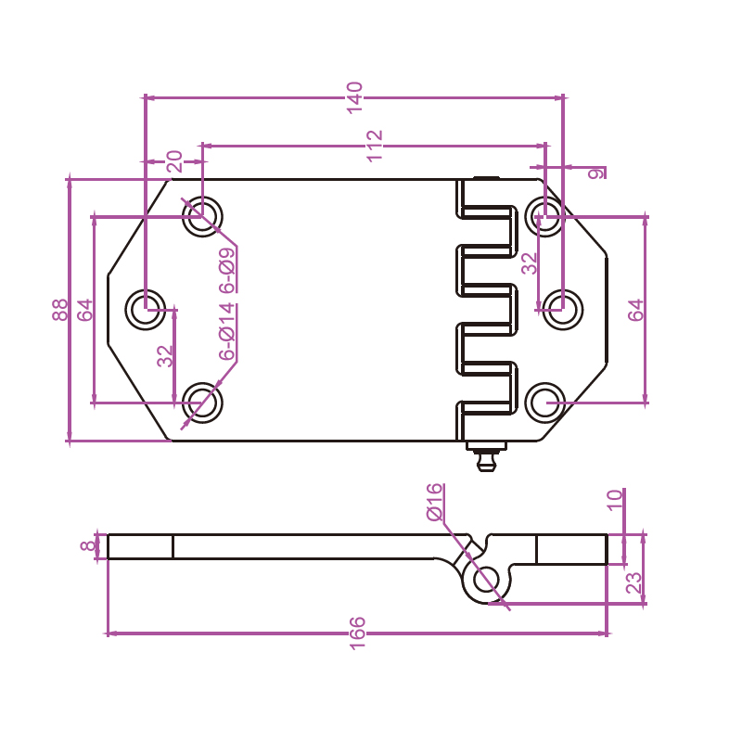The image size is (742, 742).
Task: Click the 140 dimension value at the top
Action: pos(354,97)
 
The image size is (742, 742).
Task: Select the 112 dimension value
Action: pos(375,146)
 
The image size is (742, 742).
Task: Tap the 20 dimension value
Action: pos(174,162)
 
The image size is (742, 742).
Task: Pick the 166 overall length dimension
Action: pos(358,633)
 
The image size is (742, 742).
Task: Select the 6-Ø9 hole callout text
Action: pos(227,271)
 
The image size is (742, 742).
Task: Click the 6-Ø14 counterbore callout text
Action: pos(227,331)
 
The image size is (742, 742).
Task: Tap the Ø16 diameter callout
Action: pos(435,502)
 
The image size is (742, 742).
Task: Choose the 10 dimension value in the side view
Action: pos(615,501)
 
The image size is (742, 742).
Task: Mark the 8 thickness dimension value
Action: pos(88,546)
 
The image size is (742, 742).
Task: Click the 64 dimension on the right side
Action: pos(636,310)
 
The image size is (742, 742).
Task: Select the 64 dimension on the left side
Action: pos(86,310)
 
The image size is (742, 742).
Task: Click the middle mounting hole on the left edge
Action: pos(146,310)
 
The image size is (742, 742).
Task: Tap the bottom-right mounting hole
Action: pos(544,403)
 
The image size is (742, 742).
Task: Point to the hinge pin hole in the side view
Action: pos(486,580)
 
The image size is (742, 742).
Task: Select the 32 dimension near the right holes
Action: pos(530,263)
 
